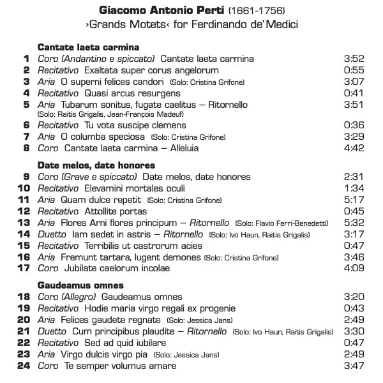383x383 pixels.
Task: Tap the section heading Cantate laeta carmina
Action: click(88, 47)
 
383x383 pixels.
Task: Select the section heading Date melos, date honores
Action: click(96, 165)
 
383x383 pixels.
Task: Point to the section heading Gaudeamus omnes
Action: click(80, 285)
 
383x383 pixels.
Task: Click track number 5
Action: click(26, 105)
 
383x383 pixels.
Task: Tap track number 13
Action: click(24, 223)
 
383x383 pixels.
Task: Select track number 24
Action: click(24, 366)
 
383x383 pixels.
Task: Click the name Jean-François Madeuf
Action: click(133, 114)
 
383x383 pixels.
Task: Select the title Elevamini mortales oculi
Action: click(135, 188)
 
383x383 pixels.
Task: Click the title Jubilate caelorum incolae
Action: click(117, 268)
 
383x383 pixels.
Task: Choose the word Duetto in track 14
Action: click(51, 234)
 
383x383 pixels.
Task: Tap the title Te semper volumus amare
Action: click(120, 366)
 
